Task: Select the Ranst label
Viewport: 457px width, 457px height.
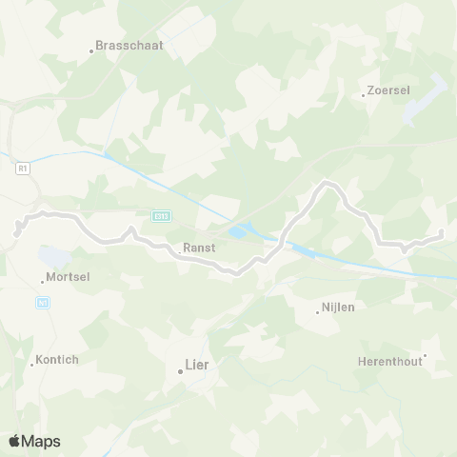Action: [198, 248]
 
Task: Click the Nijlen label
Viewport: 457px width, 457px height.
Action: [339, 309]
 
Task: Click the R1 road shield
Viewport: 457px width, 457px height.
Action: [24, 169]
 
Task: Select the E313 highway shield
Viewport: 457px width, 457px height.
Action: [162, 216]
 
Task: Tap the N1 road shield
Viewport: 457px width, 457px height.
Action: [42, 303]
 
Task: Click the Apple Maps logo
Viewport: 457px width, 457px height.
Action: [34, 441]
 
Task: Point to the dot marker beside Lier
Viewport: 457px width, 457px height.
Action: [180, 370]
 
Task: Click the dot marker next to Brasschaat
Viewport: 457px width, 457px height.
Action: [91, 50]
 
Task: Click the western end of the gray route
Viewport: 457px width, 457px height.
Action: [17, 230]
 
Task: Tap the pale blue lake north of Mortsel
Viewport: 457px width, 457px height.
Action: [53, 256]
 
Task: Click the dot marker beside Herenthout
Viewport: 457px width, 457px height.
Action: [425, 356]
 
